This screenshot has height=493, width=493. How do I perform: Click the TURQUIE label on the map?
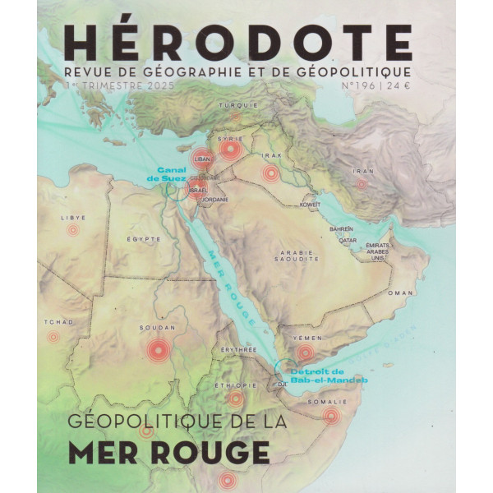[238, 105]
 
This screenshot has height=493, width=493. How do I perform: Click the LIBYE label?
[73, 218]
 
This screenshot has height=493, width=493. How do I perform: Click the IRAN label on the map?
[362, 172]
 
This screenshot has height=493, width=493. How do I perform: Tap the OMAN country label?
[400, 293]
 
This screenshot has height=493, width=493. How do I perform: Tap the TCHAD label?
[51, 322]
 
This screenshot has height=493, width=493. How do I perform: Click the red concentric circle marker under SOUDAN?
[156, 352]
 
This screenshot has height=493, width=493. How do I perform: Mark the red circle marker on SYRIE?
[231, 150]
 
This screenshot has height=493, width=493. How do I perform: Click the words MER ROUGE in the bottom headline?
[180, 453]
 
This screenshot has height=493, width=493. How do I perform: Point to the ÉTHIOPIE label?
[235, 385]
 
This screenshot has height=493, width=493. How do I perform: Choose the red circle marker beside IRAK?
[270, 173]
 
